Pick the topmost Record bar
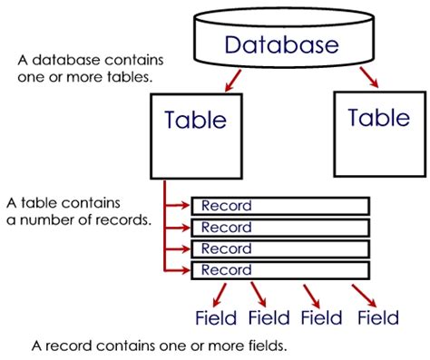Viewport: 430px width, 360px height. (x=280, y=206)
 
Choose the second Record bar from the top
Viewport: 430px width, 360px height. (x=280, y=228)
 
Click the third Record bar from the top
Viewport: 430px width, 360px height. (x=280, y=248)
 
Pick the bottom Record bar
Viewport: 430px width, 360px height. (x=280, y=270)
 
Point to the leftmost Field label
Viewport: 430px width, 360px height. (x=216, y=317)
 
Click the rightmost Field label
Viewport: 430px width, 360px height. (x=377, y=317)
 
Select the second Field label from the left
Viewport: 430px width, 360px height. (x=269, y=317)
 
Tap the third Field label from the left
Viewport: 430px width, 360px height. (x=323, y=317)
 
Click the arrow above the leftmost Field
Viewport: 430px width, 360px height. (x=206, y=293)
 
